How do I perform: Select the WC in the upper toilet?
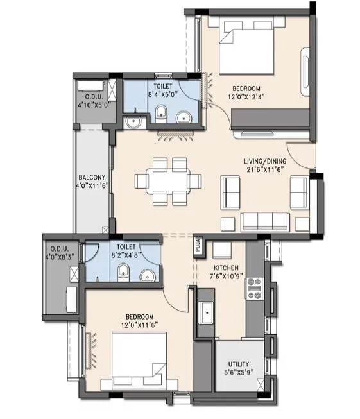click(162, 115)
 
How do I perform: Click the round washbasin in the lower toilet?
click(147, 275)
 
